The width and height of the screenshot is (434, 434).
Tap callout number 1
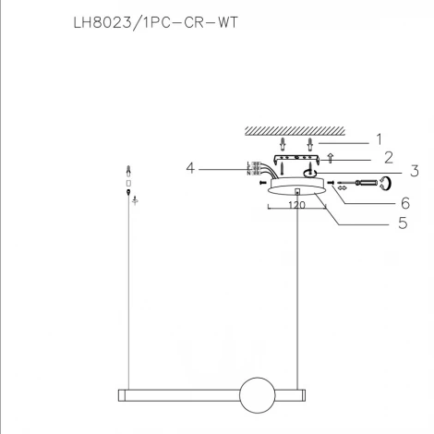tap(378, 140)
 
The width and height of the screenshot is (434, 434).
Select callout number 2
tap(388, 158)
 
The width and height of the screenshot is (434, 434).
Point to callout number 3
tap(389, 172)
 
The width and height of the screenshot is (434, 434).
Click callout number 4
tap(190, 168)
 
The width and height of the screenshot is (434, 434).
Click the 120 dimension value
tap(296, 207)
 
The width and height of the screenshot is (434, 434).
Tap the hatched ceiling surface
tap(296, 130)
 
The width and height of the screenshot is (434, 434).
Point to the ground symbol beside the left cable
tap(136, 199)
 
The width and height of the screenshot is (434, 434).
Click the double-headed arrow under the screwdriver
tap(344, 189)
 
